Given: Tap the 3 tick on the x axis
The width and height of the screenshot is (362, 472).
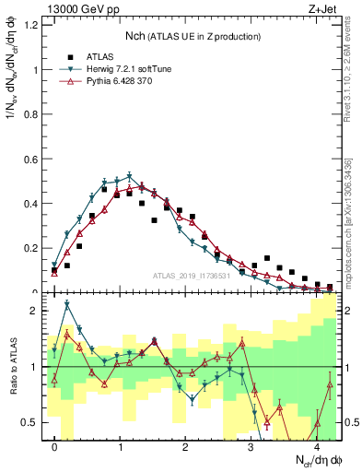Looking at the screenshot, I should coord(251,447).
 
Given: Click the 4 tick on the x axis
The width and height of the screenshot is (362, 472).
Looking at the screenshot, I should coord(316,447).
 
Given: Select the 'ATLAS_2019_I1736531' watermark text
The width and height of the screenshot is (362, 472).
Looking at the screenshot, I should coord(191,277).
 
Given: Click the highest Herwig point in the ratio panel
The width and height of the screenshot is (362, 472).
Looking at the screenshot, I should coord(67,304).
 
